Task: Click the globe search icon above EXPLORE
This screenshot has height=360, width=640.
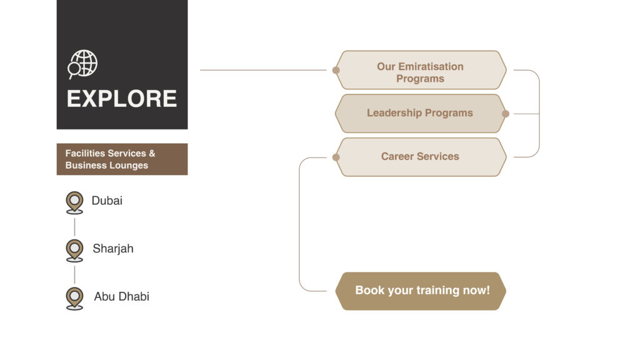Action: point(83,64)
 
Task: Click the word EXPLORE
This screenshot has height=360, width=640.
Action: point(122,99)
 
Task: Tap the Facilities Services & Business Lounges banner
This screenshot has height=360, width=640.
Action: point(122,159)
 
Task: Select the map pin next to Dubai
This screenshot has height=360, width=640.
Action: point(74,202)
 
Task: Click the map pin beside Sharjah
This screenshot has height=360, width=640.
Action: point(74,249)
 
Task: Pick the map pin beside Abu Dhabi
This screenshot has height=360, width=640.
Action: point(74,297)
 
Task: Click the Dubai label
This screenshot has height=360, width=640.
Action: point(107,201)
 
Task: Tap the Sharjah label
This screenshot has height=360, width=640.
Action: point(113,249)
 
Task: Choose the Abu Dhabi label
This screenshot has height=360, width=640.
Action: point(122,296)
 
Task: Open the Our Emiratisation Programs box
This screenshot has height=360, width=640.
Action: point(420,72)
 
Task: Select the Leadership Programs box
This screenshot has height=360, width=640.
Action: point(420,113)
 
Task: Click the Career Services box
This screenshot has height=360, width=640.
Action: point(420,156)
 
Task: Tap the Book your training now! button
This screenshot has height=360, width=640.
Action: point(422,291)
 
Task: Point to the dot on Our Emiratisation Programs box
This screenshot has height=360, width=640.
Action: point(336,70)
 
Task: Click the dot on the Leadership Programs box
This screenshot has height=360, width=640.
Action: point(506,114)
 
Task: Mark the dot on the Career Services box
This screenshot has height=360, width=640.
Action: point(336,157)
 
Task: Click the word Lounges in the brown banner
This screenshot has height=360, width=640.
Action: point(127,166)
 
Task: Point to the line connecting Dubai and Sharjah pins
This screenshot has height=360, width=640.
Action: point(74,226)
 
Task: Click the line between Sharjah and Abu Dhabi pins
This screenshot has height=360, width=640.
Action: point(74,274)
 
